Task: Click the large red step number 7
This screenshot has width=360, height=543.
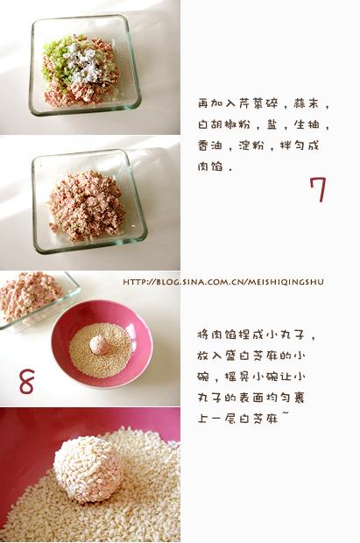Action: tap(317, 189)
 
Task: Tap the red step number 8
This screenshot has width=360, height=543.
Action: tap(27, 381)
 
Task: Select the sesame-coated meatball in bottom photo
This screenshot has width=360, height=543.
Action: tap(88, 469)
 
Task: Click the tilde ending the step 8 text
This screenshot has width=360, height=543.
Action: tap(285, 419)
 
